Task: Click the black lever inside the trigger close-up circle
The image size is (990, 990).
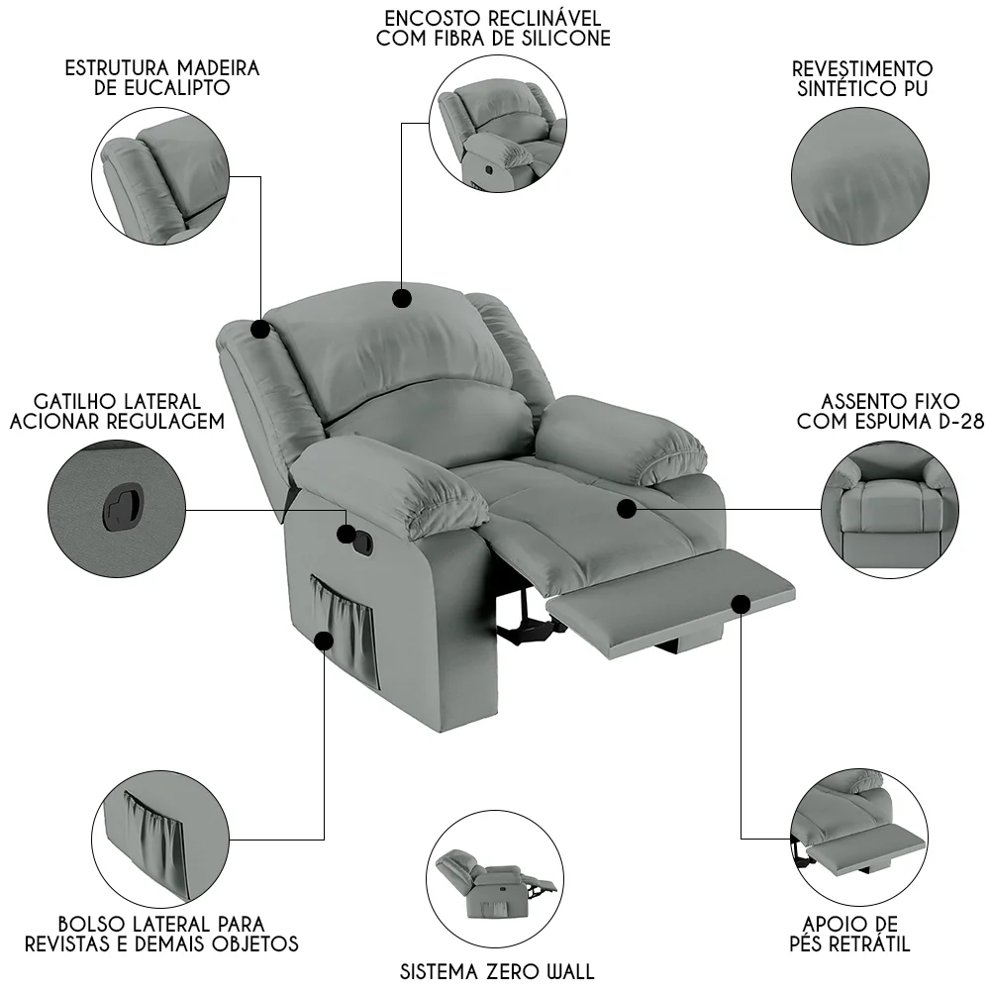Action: [x=122, y=506]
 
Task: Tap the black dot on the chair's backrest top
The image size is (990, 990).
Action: [x=402, y=298]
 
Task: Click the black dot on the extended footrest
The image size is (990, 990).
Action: [x=742, y=604]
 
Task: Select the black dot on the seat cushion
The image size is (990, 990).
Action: [x=627, y=509]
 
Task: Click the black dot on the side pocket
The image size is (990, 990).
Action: [x=324, y=641]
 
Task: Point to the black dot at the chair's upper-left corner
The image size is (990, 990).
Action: [x=260, y=329]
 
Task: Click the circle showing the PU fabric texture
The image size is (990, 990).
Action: [x=860, y=176]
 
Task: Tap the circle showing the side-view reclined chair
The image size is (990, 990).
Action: [x=495, y=879]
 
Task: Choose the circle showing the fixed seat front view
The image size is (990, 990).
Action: [x=890, y=510]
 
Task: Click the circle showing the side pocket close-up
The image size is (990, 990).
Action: [x=160, y=840]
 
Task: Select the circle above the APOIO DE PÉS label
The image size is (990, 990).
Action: [x=858, y=838]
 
